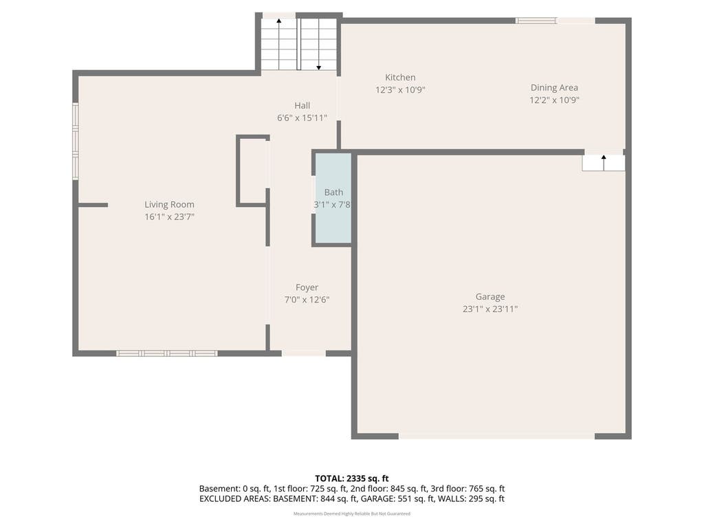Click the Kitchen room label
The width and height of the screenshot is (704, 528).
point(400,78)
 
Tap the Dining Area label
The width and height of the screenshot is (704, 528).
point(554,87)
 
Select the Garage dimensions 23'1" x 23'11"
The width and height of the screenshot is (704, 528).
point(489,309)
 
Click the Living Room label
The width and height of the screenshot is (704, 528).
point(169,205)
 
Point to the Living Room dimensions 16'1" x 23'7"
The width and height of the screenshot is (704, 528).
point(169,217)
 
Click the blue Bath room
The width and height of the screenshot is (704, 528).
point(333,198)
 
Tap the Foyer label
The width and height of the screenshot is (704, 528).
point(307,287)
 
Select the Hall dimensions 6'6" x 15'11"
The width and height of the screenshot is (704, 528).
point(302,118)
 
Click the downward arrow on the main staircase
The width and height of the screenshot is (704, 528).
point(319,44)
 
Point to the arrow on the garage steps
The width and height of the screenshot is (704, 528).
point(604,162)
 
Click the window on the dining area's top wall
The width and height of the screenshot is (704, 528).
point(536,21)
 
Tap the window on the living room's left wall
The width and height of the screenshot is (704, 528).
point(76,142)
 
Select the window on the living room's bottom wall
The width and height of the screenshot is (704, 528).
point(166,353)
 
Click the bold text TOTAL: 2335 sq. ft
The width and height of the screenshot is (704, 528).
point(351,478)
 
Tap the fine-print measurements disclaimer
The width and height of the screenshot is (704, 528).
point(351,514)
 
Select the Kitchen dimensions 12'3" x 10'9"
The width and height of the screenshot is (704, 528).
point(400,90)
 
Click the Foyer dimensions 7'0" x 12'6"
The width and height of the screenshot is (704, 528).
point(307,300)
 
